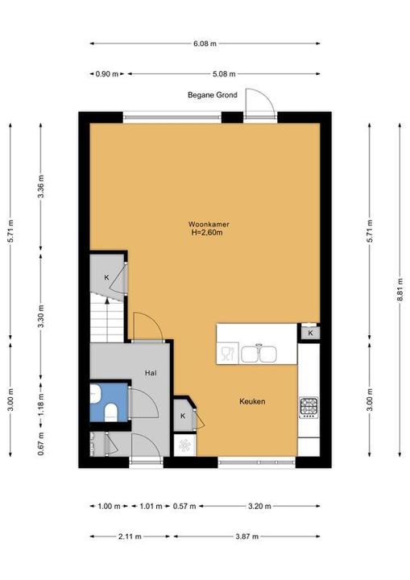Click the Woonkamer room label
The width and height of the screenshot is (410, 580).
pyautogui.click(x=209, y=224)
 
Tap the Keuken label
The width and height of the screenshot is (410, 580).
pyautogui.click(x=252, y=401)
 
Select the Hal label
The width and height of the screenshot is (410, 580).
pyautogui.click(x=151, y=373)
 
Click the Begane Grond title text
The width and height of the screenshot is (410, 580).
pyautogui.click(x=213, y=95)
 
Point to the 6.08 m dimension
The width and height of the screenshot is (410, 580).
pyautogui.click(x=205, y=43)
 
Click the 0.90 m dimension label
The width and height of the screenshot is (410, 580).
pyautogui.click(x=107, y=74)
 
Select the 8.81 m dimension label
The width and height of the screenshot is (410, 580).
pyautogui.click(x=400, y=290)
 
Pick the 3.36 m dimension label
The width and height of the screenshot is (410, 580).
pyautogui.click(x=41, y=186)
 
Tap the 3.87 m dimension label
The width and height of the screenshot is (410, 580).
pyautogui.click(x=246, y=536)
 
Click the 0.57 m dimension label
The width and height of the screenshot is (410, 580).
pyautogui.click(x=184, y=506)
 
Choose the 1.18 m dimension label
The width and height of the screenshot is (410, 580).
pyautogui.click(x=41, y=404)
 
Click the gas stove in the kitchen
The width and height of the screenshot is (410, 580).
pyautogui.click(x=309, y=408)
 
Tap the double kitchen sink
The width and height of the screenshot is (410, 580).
pyautogui.click(x=259, y=354)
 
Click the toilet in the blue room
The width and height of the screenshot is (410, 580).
pyautogui.click(x=111, y=412)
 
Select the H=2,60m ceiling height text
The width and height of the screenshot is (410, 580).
pyautogui.click(x=207, y=233)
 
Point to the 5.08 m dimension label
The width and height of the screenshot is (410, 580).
pyautogui.click(x=224, y=74)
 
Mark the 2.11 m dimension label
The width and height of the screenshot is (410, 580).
pyautogui.click(x=130, y=536)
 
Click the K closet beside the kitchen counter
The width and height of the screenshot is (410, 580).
pyautogui.click(x=310, y=333)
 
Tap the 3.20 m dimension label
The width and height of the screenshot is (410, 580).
pyautogui.click(x=259, y=506)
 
